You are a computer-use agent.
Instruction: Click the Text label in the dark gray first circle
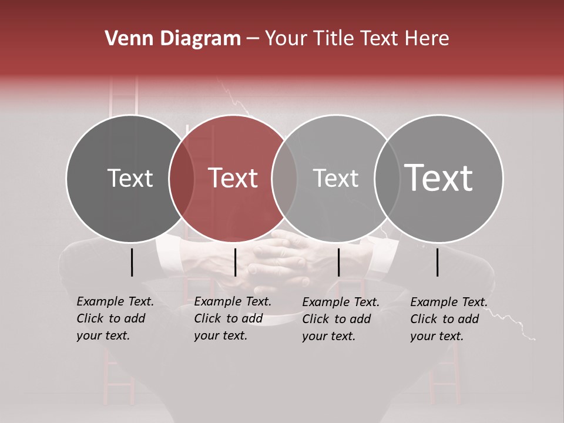[x=130, y=178]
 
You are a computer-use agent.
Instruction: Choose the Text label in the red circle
[x=233, y=178]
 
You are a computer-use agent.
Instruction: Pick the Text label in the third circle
[x=335, y=178]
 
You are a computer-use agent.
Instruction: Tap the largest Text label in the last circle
[x=439, y=178]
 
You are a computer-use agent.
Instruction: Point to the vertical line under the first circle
[x=132, y=262]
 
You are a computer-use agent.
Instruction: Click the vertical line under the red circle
[x=235, y=262]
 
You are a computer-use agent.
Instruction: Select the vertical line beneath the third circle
[x=338, y=262]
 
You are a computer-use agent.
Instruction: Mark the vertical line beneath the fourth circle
[x=437, y=262]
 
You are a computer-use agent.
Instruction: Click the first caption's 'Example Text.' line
[x=115, y=301]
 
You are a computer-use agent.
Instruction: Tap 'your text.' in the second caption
[x=220, y=335]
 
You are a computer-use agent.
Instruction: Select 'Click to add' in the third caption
[x=336, y=318]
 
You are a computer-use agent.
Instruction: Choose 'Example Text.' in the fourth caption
[x=449, y=302]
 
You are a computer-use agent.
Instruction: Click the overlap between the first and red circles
[x=182, y=179]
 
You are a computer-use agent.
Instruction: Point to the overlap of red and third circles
[x=284, y=179]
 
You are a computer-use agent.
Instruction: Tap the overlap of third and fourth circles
[x=387, y=179]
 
